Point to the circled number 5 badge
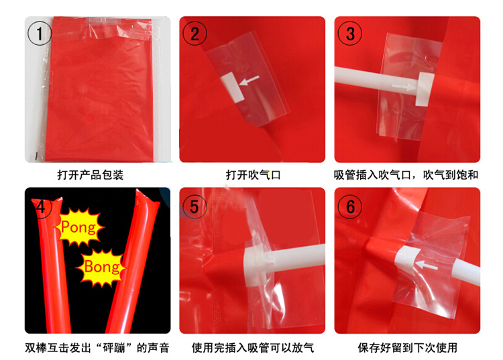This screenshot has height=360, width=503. [195, 206]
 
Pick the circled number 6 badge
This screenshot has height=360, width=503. [350, 206]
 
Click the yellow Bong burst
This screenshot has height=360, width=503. [102, 267]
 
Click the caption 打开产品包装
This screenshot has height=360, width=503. [91, 176]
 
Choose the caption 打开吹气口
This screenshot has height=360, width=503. [252, 176]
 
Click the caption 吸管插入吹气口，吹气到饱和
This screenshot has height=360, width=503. [406, 176]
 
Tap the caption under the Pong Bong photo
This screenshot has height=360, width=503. [97, 347]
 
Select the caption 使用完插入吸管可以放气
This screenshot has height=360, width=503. [252, 347]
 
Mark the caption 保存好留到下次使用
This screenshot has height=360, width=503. [407, 347]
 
